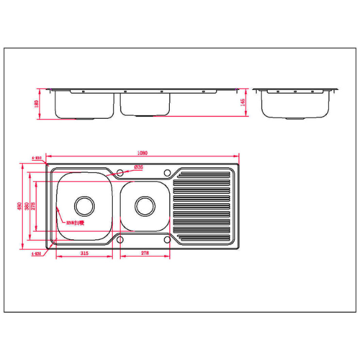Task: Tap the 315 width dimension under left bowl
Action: click(84, 254)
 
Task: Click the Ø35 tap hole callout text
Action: click(139, 167)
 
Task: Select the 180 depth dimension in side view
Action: click(37, 104)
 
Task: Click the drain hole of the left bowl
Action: click(84, 206)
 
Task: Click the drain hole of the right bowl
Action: click(144, 206)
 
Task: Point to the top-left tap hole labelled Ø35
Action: click(120, 173)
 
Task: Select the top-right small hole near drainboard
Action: click(167, 173)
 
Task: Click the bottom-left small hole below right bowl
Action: click(120, 240)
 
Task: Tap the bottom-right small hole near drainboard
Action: click(167, 240)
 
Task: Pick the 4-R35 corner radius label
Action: click(38, 254)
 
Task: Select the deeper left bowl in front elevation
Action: click(84, 105)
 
